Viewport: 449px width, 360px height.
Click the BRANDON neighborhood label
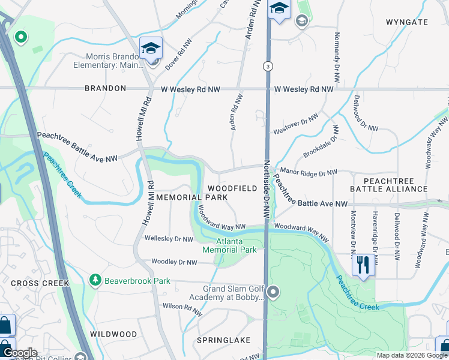105,88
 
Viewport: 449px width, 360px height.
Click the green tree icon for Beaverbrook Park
94,280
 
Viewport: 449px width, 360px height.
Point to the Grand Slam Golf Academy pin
273,292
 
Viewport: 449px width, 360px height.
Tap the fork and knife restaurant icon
363,265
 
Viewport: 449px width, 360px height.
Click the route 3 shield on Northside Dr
268,65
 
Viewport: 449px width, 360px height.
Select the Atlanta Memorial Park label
230,245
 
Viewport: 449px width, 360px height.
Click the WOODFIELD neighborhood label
232,188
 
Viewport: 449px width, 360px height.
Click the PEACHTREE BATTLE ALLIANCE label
389,184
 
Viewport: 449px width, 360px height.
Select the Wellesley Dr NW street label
169,239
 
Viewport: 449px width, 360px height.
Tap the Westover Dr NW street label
295,124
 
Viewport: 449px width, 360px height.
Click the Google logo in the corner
20,353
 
